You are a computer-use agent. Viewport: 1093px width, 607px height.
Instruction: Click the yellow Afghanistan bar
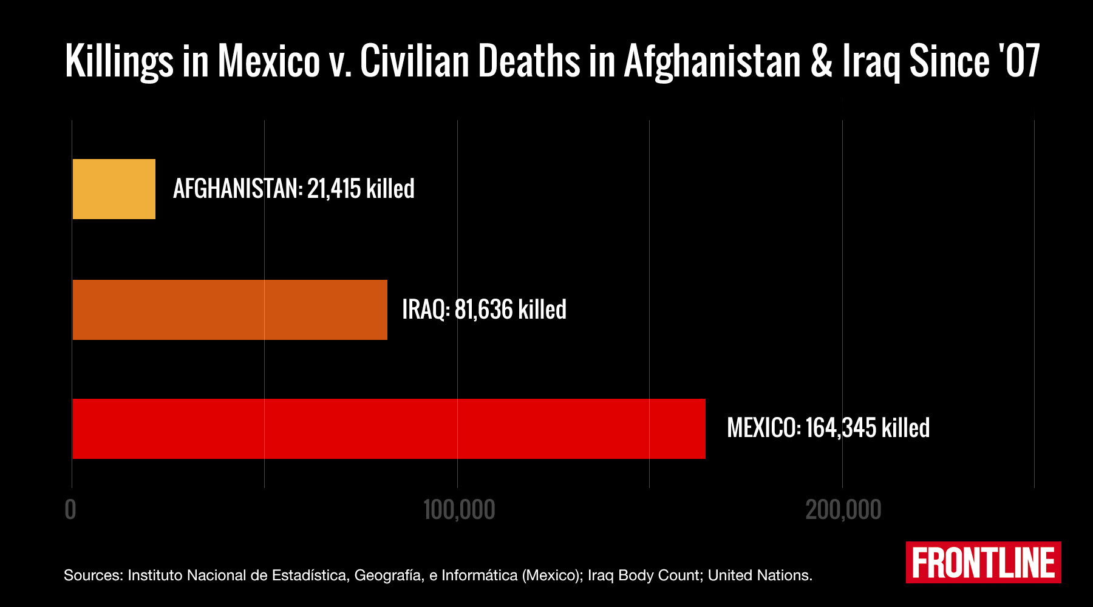pyautogui.click(x=114, y=189)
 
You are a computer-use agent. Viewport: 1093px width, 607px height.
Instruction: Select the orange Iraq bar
pyautogui.click(x=230, y=310)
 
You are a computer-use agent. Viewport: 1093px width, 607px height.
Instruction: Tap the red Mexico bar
pyautogui.click(x=389, y=429)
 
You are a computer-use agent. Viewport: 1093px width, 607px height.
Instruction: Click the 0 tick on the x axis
pyautogui.click(x=70, y=510)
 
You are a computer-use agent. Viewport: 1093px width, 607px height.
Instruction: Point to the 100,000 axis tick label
pyautogui.click(x=459, y=510)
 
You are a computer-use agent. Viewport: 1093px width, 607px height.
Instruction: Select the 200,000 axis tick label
pyautogui.click(x=843, y=510)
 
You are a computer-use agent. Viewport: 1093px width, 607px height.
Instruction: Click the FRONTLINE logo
pyautogui.click(x=983, y=563)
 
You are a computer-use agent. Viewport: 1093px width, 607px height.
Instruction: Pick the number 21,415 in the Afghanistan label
pyautogui.click(x=334, y=189)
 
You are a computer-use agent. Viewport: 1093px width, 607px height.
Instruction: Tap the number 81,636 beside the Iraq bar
pyautogui.click(x=484, y=310)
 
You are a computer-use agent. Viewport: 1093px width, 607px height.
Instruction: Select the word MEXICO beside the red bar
pyautogui.click(x=763, y=428)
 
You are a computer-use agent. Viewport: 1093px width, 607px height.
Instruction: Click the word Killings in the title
pyautogui.click(x=119, y=62)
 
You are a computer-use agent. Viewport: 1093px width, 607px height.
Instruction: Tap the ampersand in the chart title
pyautogui.click(x=821, y=62)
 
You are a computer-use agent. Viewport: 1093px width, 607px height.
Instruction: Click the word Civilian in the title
pyautogui.click(x=414, y=61)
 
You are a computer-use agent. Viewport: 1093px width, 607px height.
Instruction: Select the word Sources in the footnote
pyautogui.click(x=93, y=575)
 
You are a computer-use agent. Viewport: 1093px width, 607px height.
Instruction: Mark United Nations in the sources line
pyautogui.click(x=759, y=575)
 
